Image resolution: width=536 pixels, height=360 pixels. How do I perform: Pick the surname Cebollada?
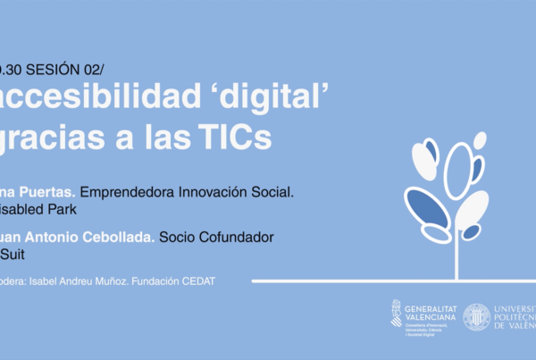tap(122, 237)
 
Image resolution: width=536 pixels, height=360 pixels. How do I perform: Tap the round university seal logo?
tap(476, 316)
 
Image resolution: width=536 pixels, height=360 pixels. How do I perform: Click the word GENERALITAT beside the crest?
tap(430, 307)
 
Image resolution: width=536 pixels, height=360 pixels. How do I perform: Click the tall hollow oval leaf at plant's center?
tap(457, 171)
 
